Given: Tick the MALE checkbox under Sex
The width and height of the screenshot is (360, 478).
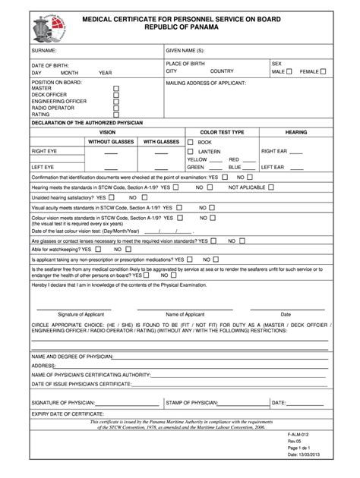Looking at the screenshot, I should pyautogui.click(x=289, y=71).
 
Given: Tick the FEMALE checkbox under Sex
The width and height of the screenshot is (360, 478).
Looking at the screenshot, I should pyautogui.click(x=324, y=71).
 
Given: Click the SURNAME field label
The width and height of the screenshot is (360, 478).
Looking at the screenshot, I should pyautogui.click(x=45, y=49).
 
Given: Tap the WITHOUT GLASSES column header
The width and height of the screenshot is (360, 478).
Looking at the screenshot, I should pyautogui.click(x=111, y=141).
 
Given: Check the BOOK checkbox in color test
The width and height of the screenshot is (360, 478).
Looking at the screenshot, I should pyautogui.click(x=191, y=142).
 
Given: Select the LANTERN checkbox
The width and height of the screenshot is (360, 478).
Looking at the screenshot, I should pyautogui.click(x=191, y=151).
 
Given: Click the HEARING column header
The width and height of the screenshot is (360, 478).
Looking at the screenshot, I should pyautogui.click(x=296, y=131).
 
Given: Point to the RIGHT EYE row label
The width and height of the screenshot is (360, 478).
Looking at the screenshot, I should pyautogui.click(x=44, y=152).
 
